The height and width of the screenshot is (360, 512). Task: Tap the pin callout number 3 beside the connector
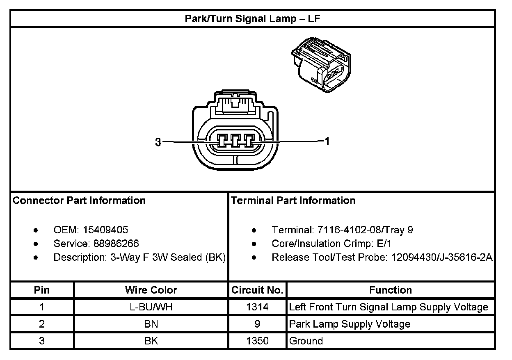coord(158,142)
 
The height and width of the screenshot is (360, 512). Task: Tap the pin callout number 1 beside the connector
coord(327,142)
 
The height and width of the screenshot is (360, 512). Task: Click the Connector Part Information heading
coord(79,201)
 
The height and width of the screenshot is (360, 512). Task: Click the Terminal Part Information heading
coord(293,201)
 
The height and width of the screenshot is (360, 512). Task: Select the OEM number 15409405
coord(108,230)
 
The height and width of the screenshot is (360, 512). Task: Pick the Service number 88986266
coord(116,244)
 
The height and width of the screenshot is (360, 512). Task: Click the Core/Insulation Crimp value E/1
coord(384,244)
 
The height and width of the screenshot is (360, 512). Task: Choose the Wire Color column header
coord(151,290)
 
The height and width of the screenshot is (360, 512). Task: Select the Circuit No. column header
coord(257,290)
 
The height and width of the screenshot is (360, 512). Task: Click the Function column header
coord(390,290)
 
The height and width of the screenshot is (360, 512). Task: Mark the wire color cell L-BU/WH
coord(151,307)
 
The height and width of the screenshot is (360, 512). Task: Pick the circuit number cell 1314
coord(257,307)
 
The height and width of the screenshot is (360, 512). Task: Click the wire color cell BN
coord(151,324)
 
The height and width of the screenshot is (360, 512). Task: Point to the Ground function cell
coord(306,341)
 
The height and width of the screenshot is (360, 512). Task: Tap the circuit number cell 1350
coord(257,341)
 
